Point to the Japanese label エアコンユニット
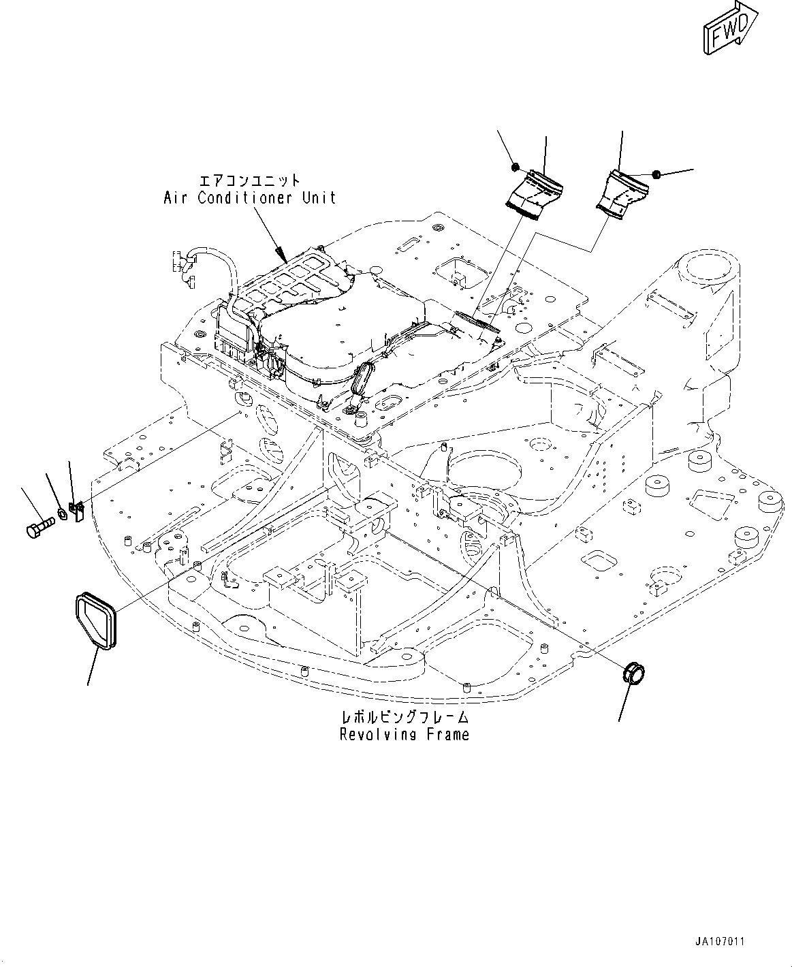[249, 180]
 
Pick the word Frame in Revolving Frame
[446, 735]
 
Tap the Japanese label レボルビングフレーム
[405, 718]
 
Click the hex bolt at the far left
[39, 528]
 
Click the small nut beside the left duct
[516, 167]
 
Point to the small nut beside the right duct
[656, 175]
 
